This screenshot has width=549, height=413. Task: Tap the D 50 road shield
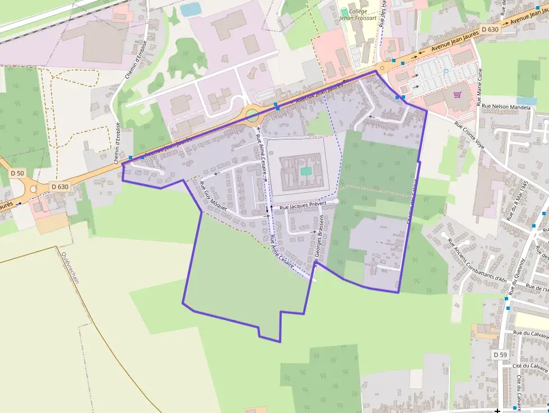tap(17, 173)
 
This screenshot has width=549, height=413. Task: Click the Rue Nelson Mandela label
tap(505, 105)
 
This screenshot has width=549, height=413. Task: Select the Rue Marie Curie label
tap(480, 87)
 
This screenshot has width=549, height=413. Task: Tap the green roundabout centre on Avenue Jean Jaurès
tap(252, 116)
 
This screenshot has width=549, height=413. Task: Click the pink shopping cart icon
tap(458, 95)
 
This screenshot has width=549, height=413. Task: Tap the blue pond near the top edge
tap(191, 10)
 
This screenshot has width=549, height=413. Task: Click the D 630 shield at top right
tap(489, 29)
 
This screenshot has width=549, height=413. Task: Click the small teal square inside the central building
tap(305, 171)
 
